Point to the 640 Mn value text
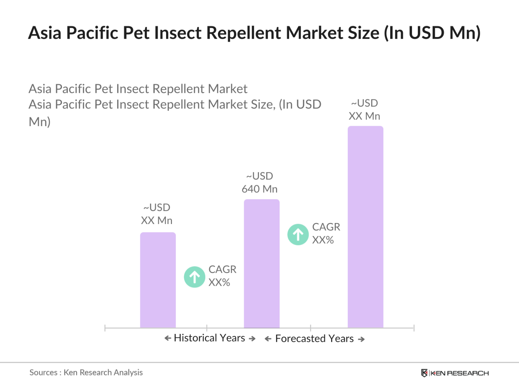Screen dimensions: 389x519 pos(260,189)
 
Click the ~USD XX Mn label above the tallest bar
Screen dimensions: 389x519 pos(364,110)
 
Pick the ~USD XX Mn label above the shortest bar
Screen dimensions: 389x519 pos(157,214)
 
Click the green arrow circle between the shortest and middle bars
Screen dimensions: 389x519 pos(194,277)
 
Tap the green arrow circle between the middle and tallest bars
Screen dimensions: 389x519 pos(298,235)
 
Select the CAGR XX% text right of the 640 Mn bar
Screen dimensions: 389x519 pos(326,233)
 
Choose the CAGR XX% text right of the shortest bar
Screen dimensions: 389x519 pos(222,276)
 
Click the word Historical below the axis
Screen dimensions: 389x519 pos(195,338)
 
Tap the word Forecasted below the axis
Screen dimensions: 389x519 pos(300,339)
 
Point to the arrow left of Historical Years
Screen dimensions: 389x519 pos(168,338)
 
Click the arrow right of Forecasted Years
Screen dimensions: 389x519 pos(361,339)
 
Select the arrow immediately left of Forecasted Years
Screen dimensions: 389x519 pos(268,339)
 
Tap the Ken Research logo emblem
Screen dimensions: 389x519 pos(424,373)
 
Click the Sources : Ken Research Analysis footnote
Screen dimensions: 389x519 pos(86,372)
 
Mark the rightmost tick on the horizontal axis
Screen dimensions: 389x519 pos(413,328)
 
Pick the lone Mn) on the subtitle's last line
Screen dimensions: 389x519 pos(40,121)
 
